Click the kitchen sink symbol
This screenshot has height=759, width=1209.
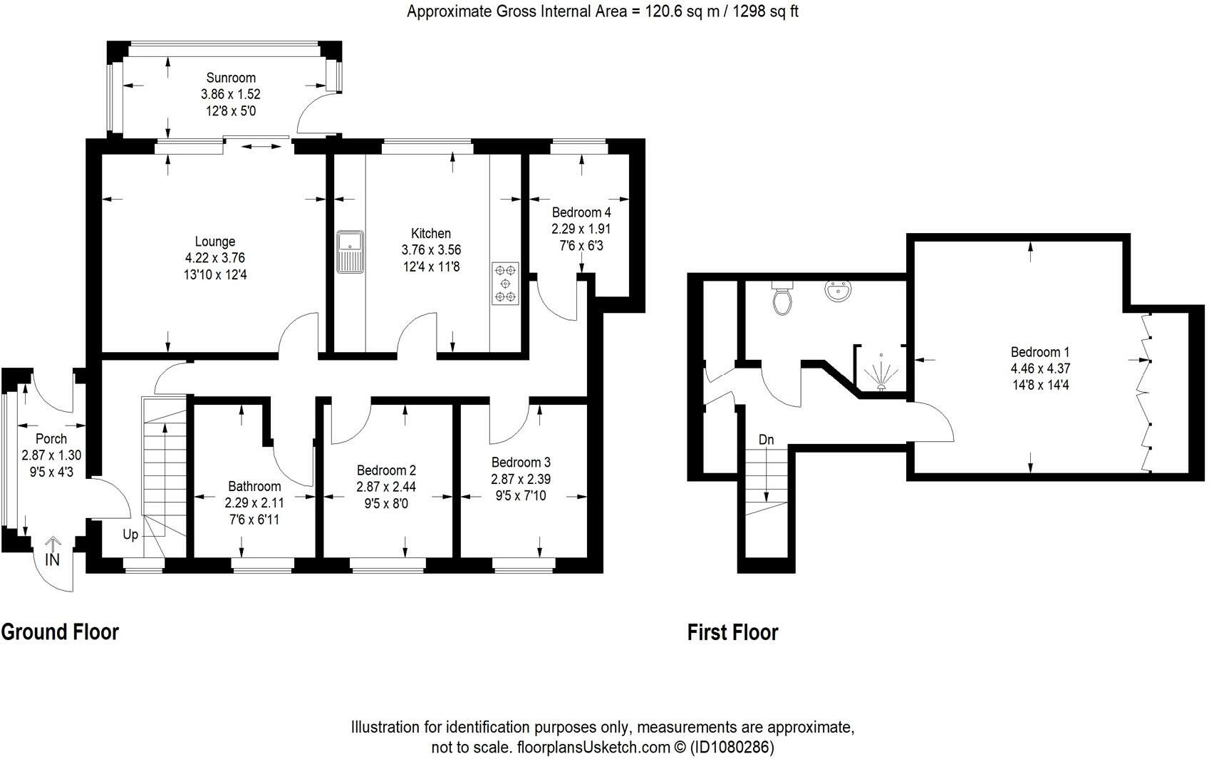351,252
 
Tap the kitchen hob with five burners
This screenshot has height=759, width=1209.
505,284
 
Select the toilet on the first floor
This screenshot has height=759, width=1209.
782,299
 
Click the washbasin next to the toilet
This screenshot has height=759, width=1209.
839,291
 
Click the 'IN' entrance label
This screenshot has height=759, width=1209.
52,559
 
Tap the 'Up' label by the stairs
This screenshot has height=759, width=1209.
130,535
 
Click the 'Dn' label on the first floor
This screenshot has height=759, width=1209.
766,440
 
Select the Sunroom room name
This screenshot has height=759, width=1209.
231,78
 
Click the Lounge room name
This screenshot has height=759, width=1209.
215,242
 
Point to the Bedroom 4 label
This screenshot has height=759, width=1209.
581,212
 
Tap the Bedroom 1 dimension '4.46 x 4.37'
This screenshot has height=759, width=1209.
1040,368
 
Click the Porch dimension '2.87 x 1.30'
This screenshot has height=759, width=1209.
51,455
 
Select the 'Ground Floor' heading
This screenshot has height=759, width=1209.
60,631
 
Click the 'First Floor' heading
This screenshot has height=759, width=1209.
732,632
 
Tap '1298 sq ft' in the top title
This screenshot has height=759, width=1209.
765,11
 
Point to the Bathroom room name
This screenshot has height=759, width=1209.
254,486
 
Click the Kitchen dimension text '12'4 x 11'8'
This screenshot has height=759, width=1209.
431,267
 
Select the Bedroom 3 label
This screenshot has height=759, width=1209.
521,463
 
